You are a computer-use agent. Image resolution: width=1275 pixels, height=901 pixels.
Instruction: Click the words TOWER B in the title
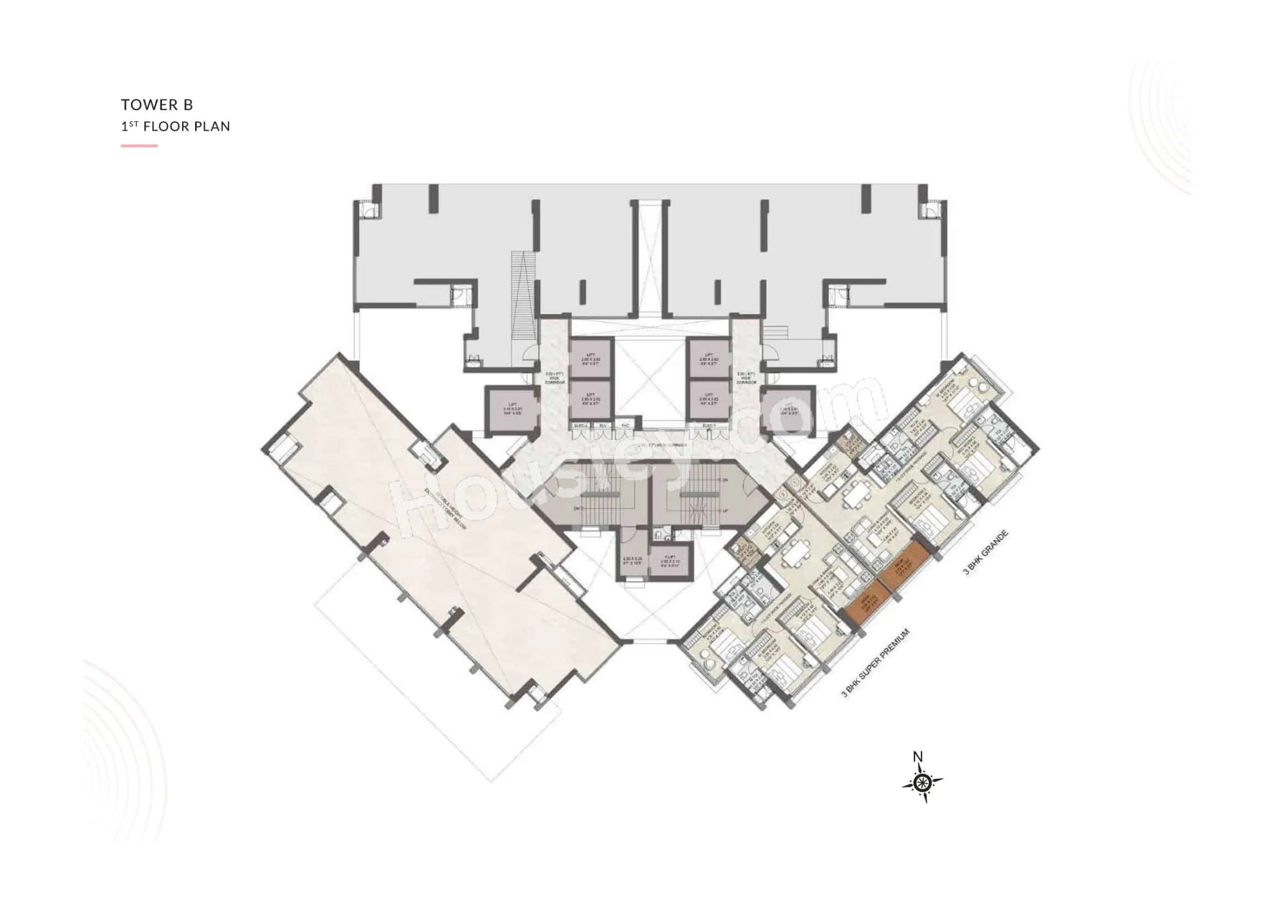(157, 104)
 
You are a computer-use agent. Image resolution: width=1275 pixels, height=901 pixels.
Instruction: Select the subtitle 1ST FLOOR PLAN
(176, 126)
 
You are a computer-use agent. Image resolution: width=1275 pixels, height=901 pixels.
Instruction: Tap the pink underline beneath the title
(140, 146)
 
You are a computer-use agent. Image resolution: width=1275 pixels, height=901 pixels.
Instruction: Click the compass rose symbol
(922, 783)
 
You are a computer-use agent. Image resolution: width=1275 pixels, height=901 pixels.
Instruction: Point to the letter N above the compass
(919, 757)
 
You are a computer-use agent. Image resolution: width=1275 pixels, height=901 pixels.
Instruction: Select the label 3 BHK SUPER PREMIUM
(877, 663)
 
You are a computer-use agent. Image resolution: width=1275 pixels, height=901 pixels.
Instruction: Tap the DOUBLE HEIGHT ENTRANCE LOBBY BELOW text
(445, 511)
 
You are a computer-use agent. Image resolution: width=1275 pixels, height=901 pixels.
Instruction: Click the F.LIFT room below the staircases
(671, 561)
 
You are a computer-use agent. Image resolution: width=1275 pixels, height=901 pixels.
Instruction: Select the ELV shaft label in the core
(603, 426)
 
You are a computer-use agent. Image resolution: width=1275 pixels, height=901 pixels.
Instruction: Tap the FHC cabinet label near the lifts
(625, 426)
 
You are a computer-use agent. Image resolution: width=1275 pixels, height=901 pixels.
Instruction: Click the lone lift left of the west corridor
(512, 410)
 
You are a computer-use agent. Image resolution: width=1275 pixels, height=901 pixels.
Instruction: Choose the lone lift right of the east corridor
(787, 410)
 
